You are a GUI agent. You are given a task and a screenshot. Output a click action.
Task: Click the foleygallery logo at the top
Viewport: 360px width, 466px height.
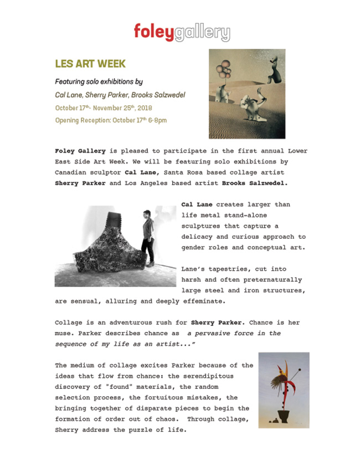181,32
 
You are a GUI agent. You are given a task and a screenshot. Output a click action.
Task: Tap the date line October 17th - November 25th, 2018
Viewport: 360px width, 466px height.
104,107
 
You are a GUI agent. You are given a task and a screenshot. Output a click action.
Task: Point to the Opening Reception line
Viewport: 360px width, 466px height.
111,120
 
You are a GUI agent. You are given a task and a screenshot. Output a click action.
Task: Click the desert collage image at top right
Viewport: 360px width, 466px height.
246,94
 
